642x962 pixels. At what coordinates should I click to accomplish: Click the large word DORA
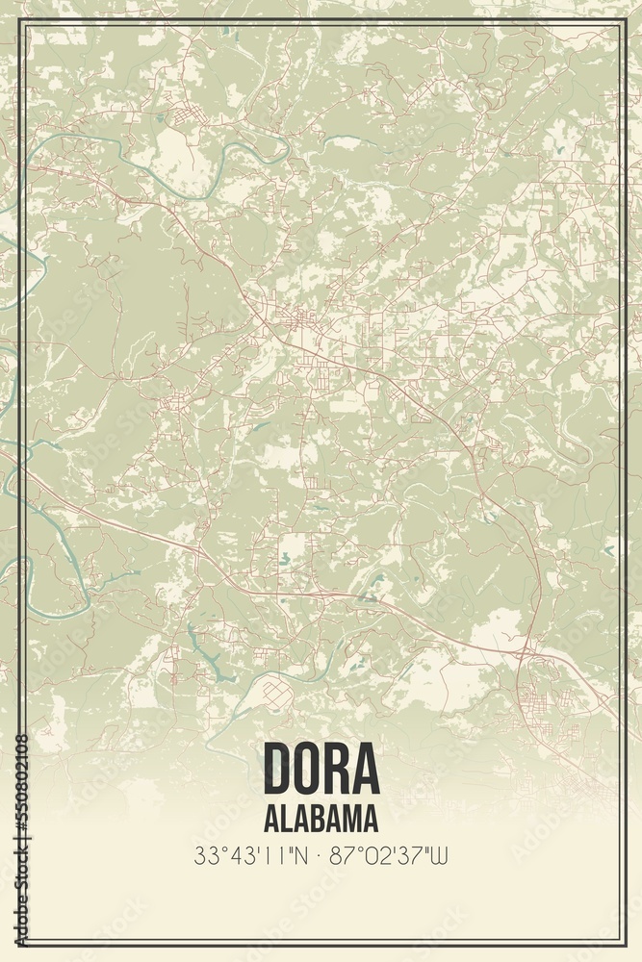(321, 768)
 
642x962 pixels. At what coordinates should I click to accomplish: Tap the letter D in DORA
(278, 768)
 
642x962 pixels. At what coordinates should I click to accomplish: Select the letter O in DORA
(309, 768)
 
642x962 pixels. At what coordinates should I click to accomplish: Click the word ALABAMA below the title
(321, 819)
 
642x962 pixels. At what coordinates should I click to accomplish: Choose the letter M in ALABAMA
(351, 819)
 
